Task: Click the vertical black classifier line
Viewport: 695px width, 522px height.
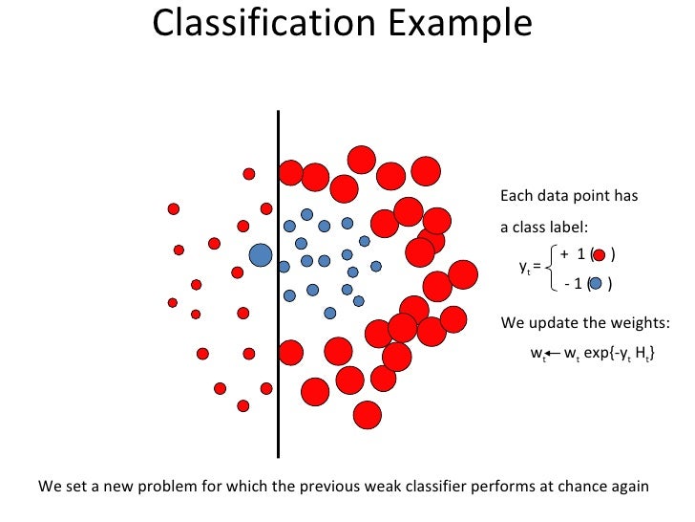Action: point(278,287)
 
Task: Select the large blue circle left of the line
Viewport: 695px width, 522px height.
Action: point(260,255)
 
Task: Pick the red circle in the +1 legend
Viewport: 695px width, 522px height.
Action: point(600,254)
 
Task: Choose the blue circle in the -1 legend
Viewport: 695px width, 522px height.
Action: point(597,284)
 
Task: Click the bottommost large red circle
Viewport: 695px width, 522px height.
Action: point(367,414)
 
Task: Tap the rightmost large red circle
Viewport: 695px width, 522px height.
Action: point(463,274)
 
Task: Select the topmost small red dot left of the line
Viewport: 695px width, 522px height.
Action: point(249,174)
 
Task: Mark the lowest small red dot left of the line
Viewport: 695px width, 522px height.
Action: point(243,405)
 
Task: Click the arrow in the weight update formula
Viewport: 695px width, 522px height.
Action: point(551,354)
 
